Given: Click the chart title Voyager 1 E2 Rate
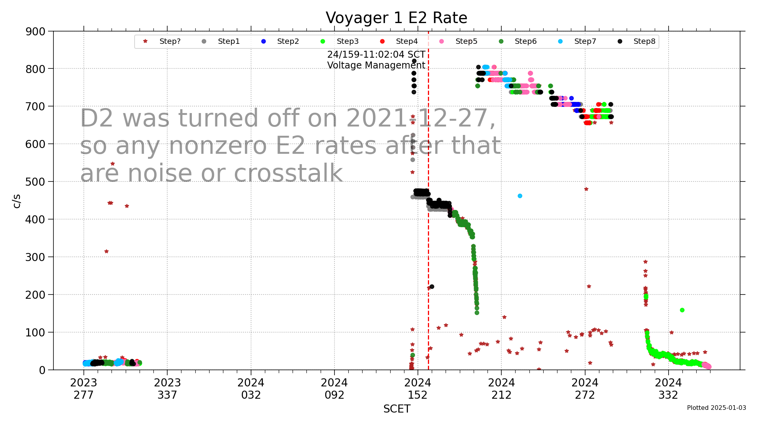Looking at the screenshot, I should [x=396, y=18].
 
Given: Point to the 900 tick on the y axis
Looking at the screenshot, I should [x=35, y=32].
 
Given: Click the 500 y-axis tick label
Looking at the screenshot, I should [x=35, y=181].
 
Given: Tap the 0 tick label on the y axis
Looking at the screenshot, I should [x=42, y=370].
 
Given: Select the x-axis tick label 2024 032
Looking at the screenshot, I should [x=251, y=389].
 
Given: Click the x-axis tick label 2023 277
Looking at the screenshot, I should [x=83, y=389].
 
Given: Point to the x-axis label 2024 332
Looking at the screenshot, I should [x=668, y=389].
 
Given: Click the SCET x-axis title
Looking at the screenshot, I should [x=396, y=409].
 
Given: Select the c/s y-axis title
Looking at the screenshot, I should [x=17, y=201].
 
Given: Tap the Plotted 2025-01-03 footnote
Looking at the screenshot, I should [x=716, y=408].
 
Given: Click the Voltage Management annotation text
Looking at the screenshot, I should [x=376, y=65].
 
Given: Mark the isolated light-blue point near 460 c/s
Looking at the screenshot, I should [x=520, y=196].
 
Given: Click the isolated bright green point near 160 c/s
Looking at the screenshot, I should [x=682, y=310].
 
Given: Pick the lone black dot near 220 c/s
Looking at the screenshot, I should [x=432, y=286].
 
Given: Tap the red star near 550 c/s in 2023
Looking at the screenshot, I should [x=113, y=164].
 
